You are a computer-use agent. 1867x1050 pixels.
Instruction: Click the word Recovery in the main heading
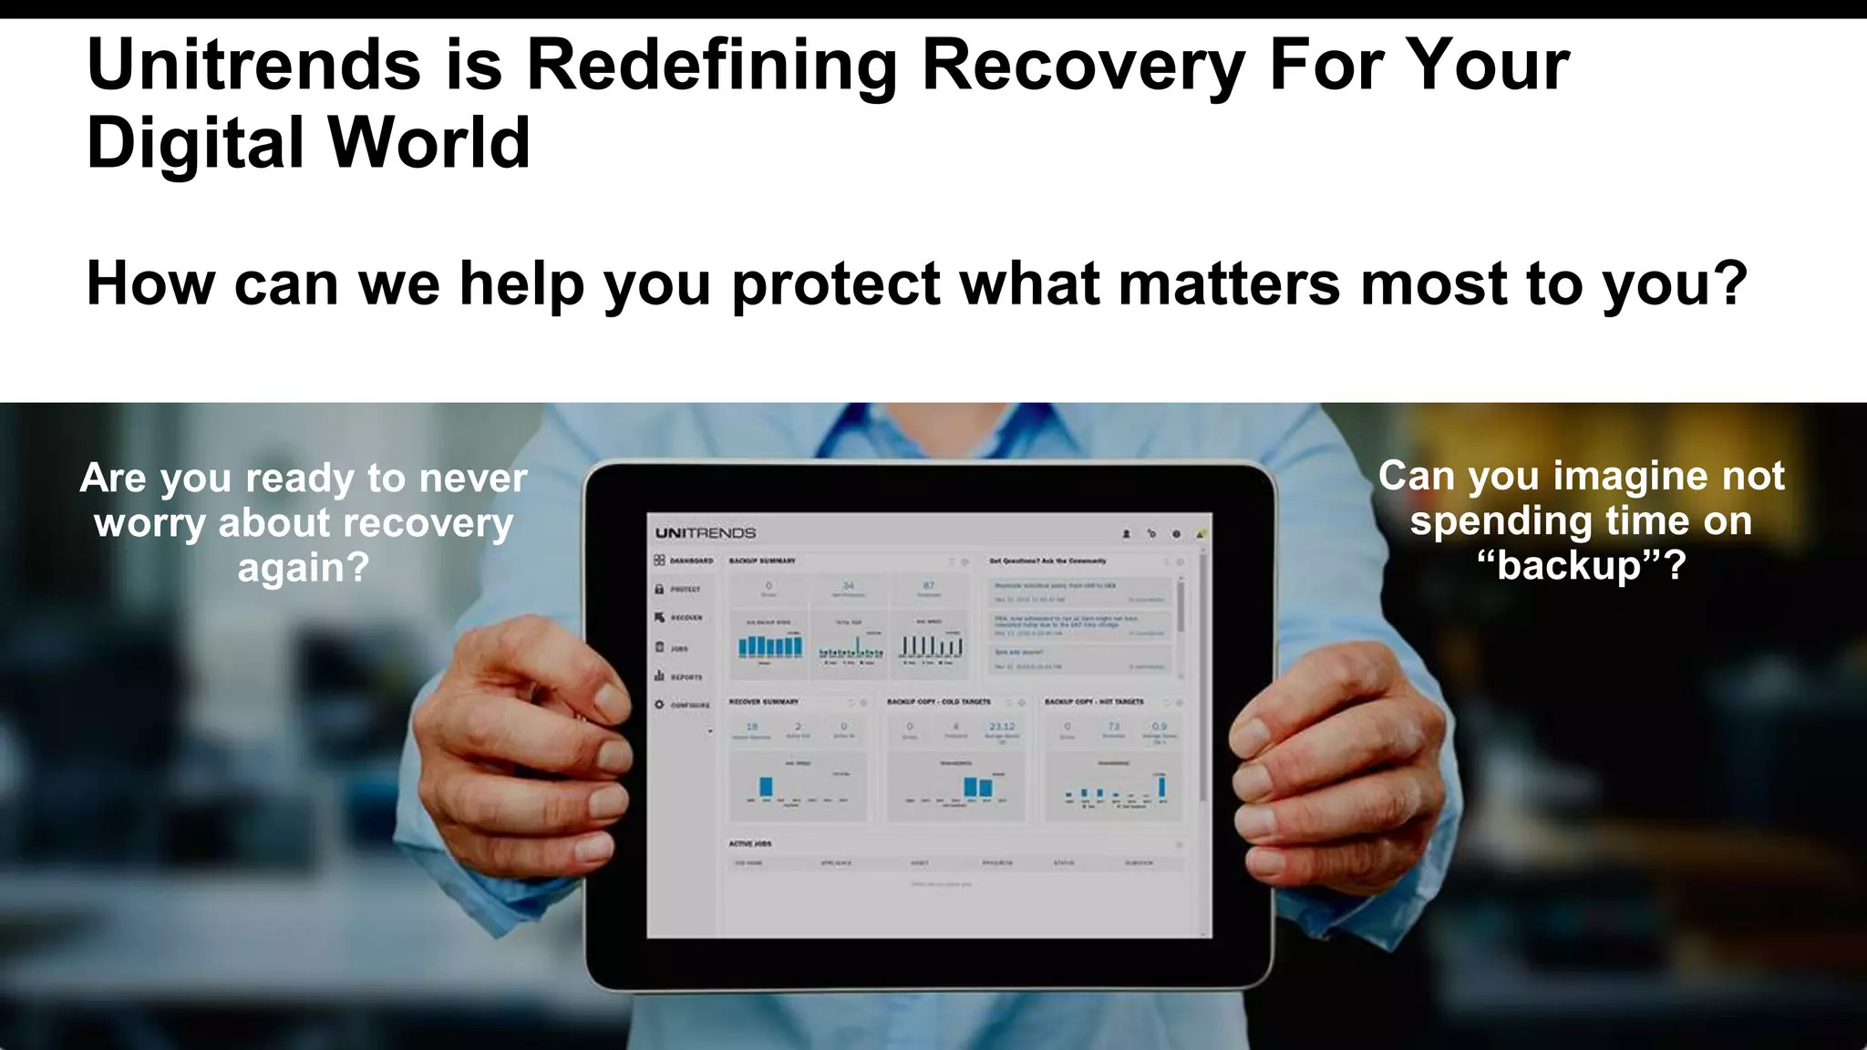(1083, 66)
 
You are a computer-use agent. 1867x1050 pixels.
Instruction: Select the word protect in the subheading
(836, 283)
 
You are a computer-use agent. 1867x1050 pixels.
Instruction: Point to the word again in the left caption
(303, 568)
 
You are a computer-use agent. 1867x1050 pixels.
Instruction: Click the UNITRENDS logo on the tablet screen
(706, 533)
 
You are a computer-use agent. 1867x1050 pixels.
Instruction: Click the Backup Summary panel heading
(762, 561)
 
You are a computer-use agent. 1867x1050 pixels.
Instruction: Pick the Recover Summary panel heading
(764, 702)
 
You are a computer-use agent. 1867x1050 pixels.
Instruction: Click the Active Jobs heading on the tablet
(750, 844)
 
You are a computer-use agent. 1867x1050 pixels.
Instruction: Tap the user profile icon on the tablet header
(1126, 534)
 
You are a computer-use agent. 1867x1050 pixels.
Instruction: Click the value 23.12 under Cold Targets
(1002, 726)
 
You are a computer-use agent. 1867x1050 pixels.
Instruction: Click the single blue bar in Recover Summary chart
(766, 787)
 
